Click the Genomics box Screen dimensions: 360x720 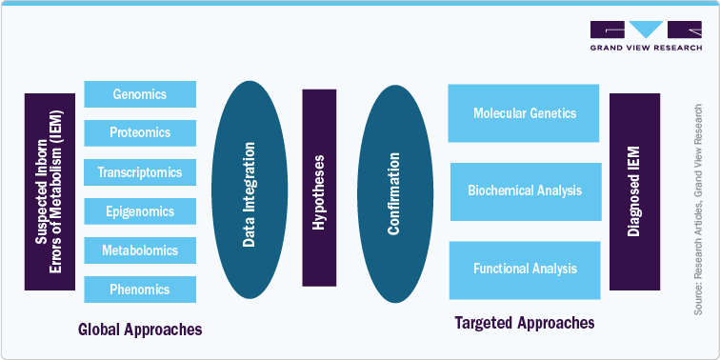coord(140,94)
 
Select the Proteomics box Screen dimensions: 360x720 coord(140,133)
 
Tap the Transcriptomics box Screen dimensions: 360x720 coord(140,172)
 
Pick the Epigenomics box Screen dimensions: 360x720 coord(140,211)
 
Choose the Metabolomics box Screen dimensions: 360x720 coord(140,250)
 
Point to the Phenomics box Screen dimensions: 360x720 coord(140,290)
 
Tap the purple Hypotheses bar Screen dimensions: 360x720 coord(319,188)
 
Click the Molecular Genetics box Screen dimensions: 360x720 coord(524,113)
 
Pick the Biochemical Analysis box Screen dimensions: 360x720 coord(525,190)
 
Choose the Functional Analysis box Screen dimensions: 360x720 coord(525,270)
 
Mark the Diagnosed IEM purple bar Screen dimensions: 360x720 coord(634,191)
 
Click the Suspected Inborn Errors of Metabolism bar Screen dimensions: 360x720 coord(49,191)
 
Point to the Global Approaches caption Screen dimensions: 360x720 coord(140,330)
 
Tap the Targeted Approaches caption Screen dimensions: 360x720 coord(525,323)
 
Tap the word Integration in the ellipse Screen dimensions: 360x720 coord(249,178)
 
